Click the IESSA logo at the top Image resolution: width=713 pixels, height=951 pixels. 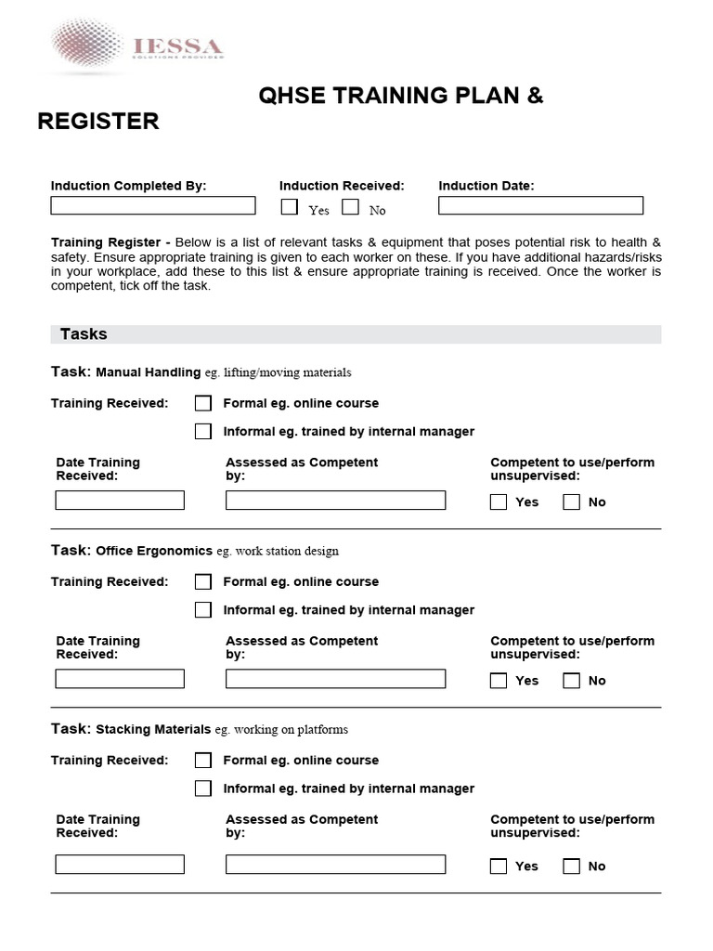(x=136, y=46)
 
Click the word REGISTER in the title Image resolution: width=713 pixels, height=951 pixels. (x=97, y=122)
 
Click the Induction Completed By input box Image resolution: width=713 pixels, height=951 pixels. (x=152, y=205)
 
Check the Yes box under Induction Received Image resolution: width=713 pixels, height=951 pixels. (x=290, y=207)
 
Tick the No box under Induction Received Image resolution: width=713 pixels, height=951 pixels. (x=350, y=207)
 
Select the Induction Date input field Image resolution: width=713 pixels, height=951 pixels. (x=540, y=205)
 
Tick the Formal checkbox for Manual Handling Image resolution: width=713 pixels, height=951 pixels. (x=203, y=403)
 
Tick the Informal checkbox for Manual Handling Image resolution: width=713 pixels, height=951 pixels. (x=203, y=431)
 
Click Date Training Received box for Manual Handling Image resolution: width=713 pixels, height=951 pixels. (x=120, y=501)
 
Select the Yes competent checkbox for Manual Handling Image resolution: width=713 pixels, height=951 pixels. (x=499, y=502)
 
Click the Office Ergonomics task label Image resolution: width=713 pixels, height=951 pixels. (x=154, y=551)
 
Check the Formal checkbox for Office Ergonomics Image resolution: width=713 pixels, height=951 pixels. (x=203, y=581)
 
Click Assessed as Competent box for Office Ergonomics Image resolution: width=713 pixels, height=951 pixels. (x=335, y=679)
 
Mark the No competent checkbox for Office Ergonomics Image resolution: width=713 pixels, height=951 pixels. (x=572, y=680)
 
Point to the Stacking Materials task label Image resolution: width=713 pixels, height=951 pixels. (x=153, y=729)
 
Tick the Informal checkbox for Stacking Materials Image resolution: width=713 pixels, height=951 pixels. (x=203, y=788)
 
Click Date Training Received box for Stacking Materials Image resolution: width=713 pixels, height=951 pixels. (x=120, y=865)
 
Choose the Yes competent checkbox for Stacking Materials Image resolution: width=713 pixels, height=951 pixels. (x=499, y=866)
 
